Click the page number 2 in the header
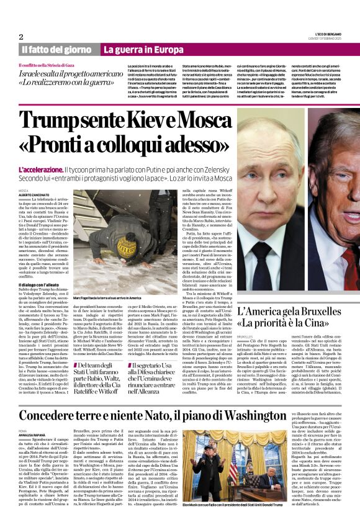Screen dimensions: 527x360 point(20,37)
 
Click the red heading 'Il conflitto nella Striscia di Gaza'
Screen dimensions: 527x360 point(58,65)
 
